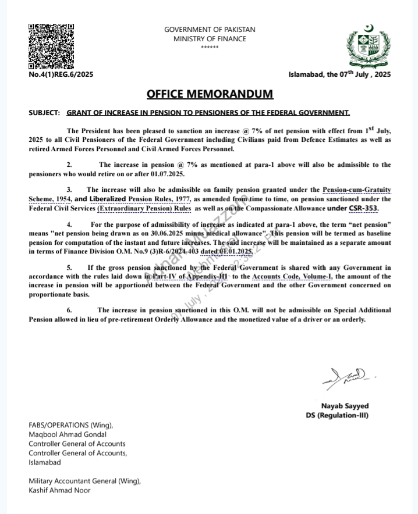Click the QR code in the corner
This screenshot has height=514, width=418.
[x=51, y=45]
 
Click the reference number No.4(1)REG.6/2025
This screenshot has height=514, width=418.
[x=61, y=74]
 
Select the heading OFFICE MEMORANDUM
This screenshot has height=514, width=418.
[x=210, y=94]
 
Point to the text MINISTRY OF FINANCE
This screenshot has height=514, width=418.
[x=210, y=39]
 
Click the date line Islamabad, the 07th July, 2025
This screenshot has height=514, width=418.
[x=339, y=74]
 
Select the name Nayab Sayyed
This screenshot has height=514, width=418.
[x=345, y=406]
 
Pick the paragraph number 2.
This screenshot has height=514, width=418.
[x=69, y=165]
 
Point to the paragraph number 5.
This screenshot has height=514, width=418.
[x=69, y=267]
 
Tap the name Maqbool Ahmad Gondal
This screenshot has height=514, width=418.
[x=68, y=434]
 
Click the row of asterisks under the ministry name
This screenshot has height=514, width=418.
[x=210, y=47]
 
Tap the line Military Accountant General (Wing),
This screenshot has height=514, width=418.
[x=85, y=481]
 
